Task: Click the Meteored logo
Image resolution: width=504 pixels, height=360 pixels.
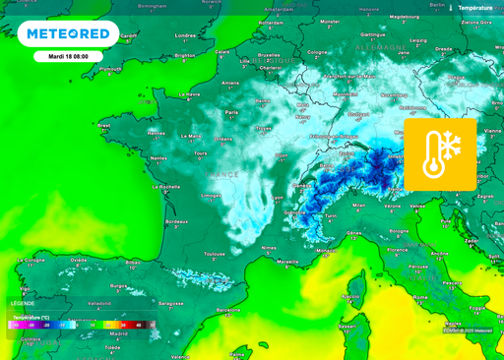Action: point(68,33)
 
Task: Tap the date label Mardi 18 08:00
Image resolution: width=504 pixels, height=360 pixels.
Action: point(68,56)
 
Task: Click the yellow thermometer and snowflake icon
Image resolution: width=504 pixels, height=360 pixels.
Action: point(439,153)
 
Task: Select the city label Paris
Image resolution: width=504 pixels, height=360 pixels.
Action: point(232,112)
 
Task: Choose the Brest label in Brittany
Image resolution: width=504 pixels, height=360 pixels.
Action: point(105,127)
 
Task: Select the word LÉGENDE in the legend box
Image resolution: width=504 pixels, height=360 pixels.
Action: point(22,303)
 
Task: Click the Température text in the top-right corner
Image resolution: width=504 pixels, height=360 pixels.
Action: point(476,7)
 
